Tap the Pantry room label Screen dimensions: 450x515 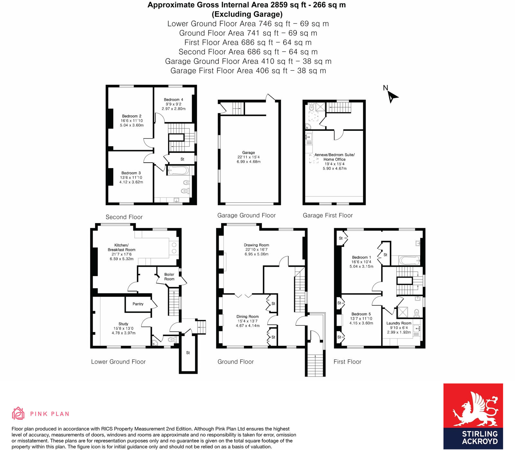coord(138,304)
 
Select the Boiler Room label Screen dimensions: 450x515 coord(169,277)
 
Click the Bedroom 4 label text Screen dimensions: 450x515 coord(173,100)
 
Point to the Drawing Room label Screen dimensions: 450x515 coord(256,245)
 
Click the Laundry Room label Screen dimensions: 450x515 coord(399,323)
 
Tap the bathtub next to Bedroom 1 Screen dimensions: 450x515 coord(409,260)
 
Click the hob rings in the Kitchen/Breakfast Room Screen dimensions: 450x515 coord(174,247)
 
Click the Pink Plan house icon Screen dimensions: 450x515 coord(18,413)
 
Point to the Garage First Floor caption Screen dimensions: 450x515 coord(328,215)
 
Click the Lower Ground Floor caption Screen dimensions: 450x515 coord(118,362)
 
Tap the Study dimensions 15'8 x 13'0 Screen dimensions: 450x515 coord(123,328)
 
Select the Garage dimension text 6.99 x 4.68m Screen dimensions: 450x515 coord(248,162)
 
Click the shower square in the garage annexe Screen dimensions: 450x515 coord(321,107)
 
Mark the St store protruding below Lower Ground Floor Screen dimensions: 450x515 coord(188,353)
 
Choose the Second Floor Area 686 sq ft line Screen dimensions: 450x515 coord(248,52)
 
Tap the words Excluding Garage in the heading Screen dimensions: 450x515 coord(247,14)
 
